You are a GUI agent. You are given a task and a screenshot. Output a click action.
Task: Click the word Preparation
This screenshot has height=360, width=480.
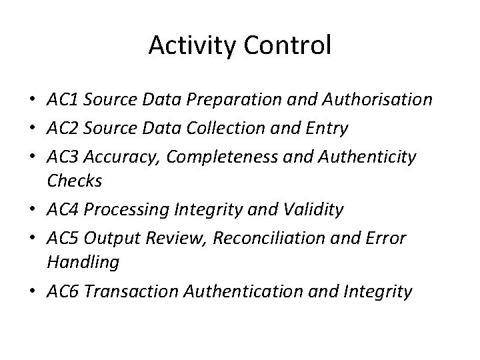click(x=230, y=101)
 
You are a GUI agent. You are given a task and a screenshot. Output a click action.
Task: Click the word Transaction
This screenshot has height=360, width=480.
click(x=135, y=292)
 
